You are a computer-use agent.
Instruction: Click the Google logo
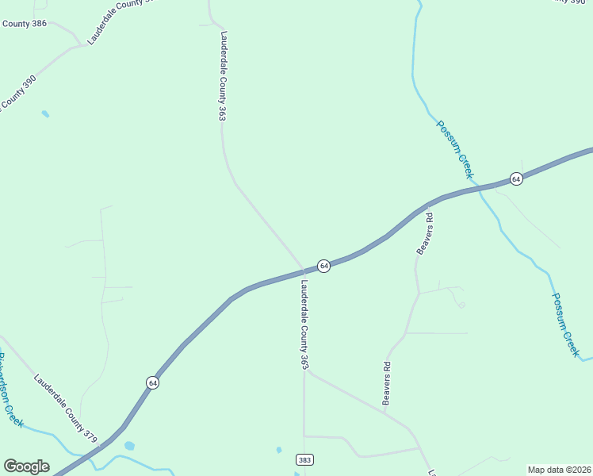tap(26, 466)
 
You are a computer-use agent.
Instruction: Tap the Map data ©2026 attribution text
tap(560, 470)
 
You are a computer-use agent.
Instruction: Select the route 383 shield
tap(304, 460)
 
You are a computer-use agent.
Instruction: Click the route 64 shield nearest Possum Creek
tap(516, 178)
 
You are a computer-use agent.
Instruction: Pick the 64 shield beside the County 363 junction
tap(323, 266)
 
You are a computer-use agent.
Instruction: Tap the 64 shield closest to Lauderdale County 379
tap(152, 382)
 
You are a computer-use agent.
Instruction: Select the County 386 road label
tap(24, 24)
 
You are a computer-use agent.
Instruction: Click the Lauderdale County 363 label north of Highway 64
tap(224, 76)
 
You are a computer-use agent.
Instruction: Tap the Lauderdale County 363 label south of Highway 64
tap(304, 325)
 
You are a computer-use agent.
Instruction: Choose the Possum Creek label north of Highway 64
tap(455, 148)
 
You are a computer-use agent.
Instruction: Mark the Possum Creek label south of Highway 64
tap(566, 323)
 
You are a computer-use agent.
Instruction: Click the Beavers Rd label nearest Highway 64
tap(426, 233)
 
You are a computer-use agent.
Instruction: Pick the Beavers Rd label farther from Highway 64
tap(387, 384)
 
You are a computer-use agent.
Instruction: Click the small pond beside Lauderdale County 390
tap(45, 114)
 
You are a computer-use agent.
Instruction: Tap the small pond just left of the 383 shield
tap(279, 450)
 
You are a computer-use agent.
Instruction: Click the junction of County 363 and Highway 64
tap(303, 271)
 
